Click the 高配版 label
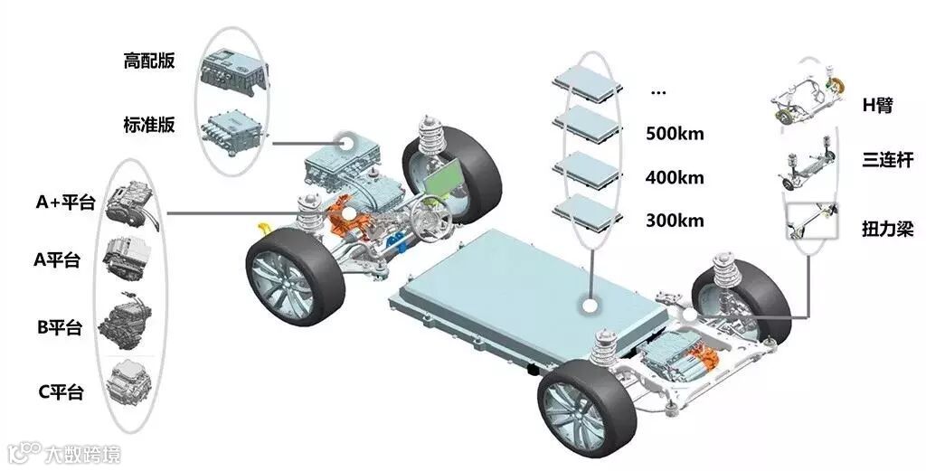pos(149,61)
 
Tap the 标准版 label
pos(149,125)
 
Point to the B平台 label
pos(60,327)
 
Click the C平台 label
pos(60,392)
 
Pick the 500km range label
pos(675,134)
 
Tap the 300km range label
pos(675,221)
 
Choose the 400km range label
pos(675,177)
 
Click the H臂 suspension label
pos(877,105)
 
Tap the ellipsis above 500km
pos(657,91)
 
